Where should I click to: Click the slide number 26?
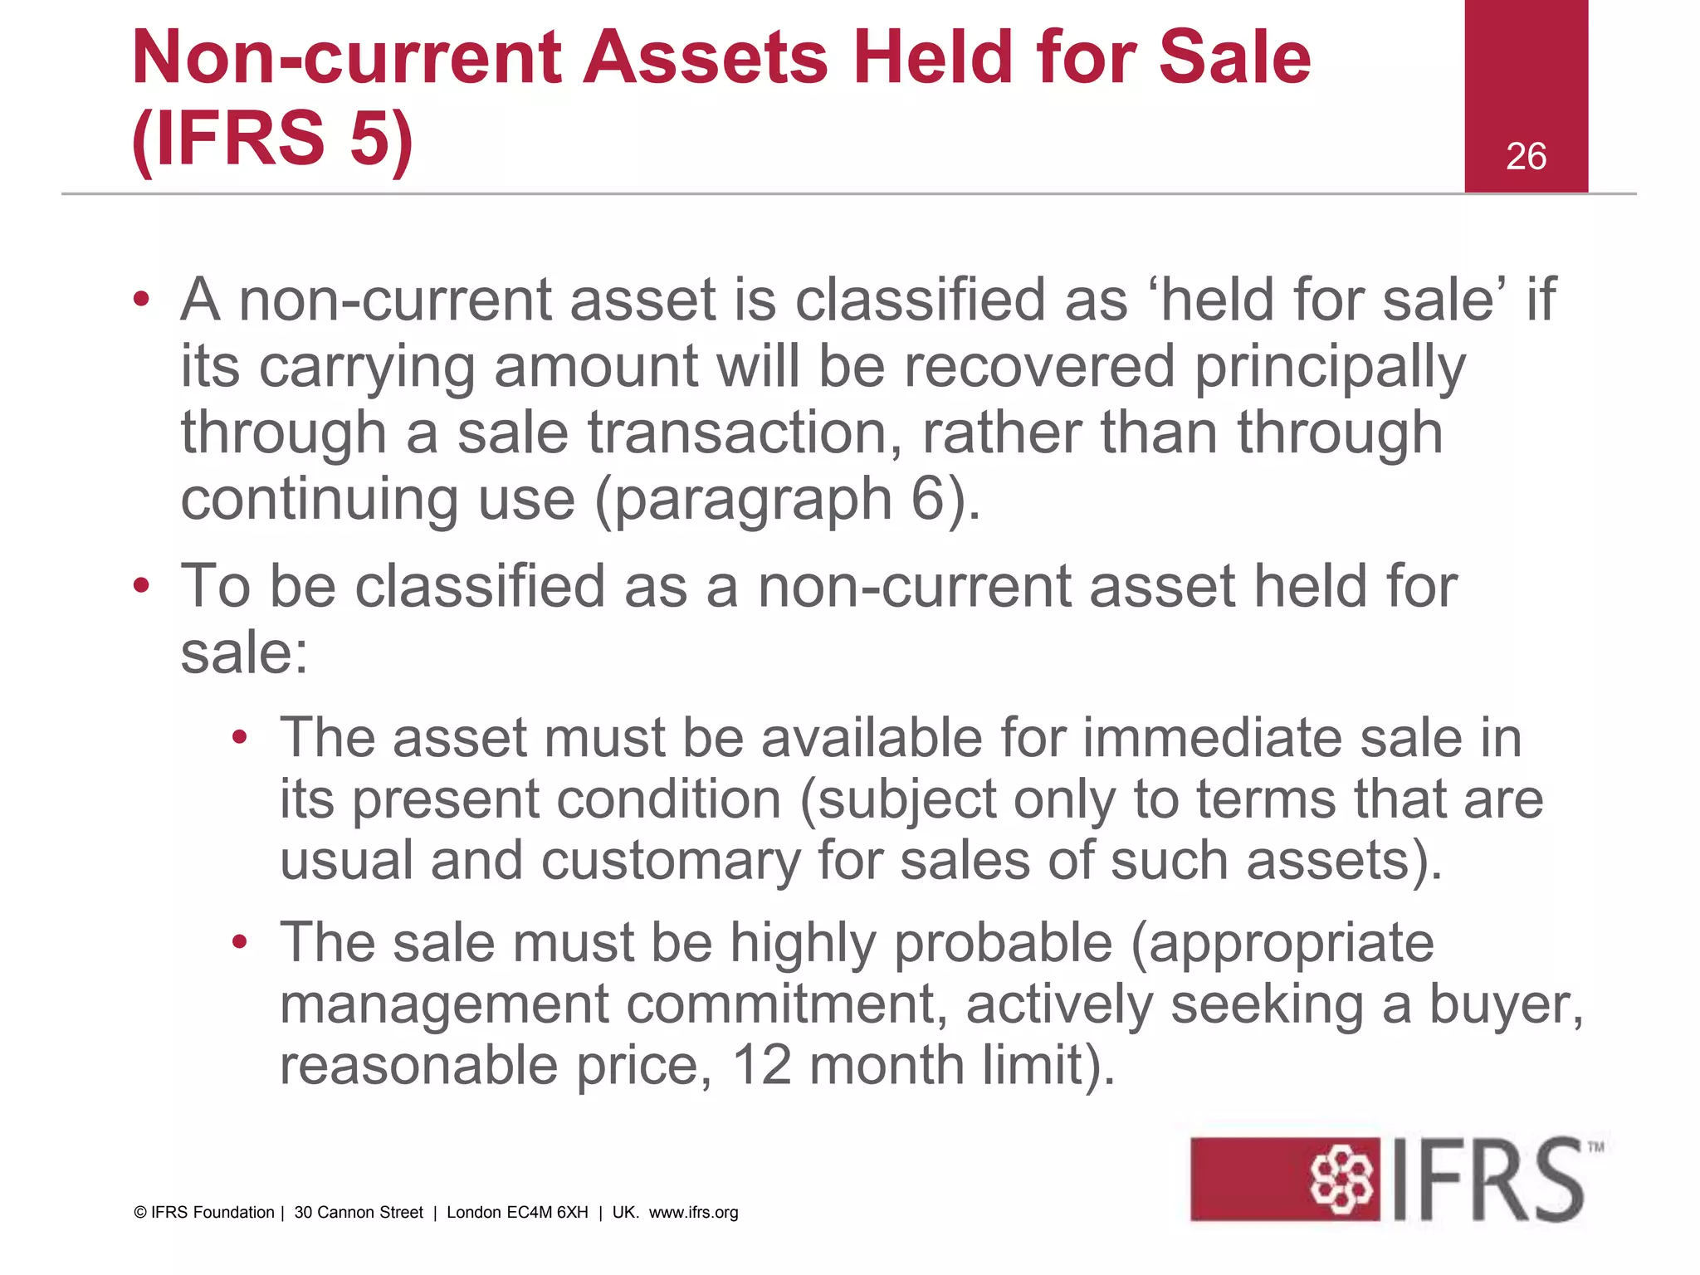pos(1526,156)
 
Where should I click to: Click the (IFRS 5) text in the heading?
pos(272,138)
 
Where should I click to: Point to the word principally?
pos(1330,368)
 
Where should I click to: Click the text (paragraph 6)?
pos(788,500)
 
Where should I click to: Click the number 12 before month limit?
pos(761,1065)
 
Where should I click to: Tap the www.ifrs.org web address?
pos(693,1213)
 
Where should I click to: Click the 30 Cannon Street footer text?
pos(359,1213)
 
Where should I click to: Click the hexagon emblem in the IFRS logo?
pos(1340,1179)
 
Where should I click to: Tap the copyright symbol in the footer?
pos(139,1213)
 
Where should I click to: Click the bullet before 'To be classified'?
pos(141,586)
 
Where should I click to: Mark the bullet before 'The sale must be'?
pos(240,942)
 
